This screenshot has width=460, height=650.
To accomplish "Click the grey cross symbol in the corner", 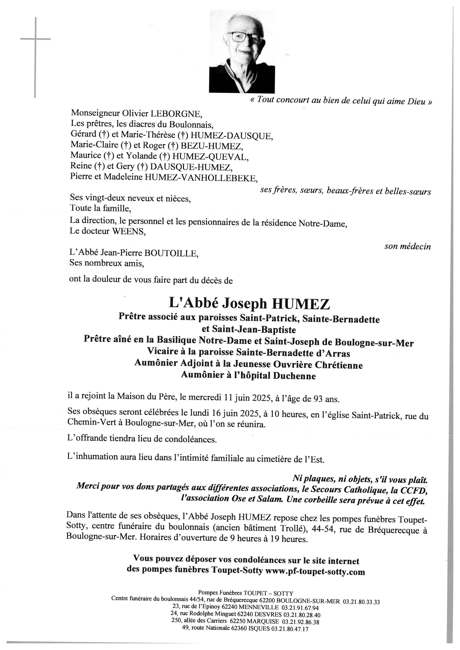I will (35, 39).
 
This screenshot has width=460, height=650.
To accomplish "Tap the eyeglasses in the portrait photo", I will (245, 37).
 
